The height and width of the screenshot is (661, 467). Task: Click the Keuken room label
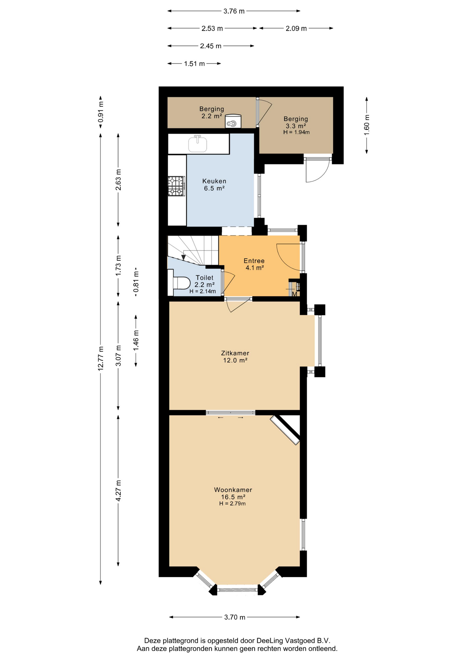pos(214,181)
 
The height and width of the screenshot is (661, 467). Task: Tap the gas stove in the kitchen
pos(176,186)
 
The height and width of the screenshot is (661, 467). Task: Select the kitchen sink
pos(197,144)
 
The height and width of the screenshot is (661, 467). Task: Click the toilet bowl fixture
pos(182,283)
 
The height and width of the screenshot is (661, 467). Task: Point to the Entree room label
pos(254,261)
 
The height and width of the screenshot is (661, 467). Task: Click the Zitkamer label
pos(235,353)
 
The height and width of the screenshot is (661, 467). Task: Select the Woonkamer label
pos(233,490)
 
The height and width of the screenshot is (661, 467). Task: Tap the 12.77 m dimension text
pos(100,358)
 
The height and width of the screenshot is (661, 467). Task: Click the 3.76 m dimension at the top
pos(234,11)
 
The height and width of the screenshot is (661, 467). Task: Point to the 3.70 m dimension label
pos(235,617)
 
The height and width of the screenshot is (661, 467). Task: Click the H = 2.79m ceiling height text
pos(232,504)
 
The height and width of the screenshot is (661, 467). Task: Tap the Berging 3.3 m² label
pos(296,123)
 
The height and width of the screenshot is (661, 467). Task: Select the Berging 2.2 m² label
pos(212,113)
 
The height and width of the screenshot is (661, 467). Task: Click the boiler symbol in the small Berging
pos(233,121)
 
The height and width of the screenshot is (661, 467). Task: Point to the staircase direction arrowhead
pos(184,257)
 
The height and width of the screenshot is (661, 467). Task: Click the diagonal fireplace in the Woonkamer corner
pos(285,430)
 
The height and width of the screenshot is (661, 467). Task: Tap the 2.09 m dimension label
pos(296,29)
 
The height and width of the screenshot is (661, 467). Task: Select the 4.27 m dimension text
pos(118,491)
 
